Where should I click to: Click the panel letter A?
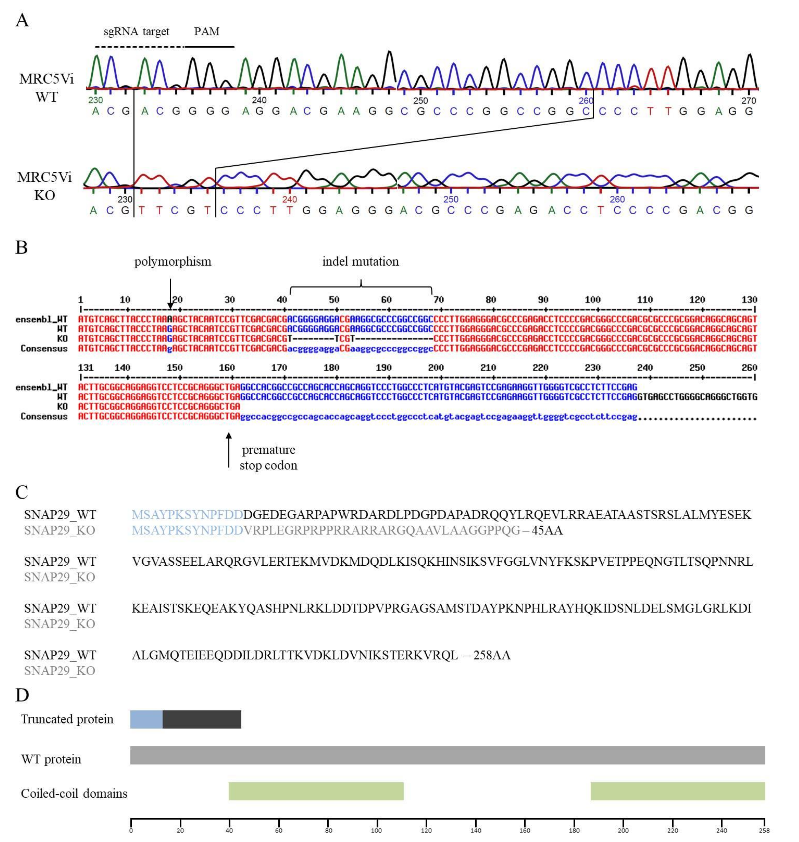(x=22, y=20)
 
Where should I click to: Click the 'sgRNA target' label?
(x=136, y=31)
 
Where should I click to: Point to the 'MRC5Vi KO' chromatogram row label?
(x=45, y=186)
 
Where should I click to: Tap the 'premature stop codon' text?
(x=268, y=457)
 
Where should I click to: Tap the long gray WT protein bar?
(x=447, y=755)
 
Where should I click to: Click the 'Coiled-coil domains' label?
(x=74, y=793)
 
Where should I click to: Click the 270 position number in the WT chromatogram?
(x=748, y=101)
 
